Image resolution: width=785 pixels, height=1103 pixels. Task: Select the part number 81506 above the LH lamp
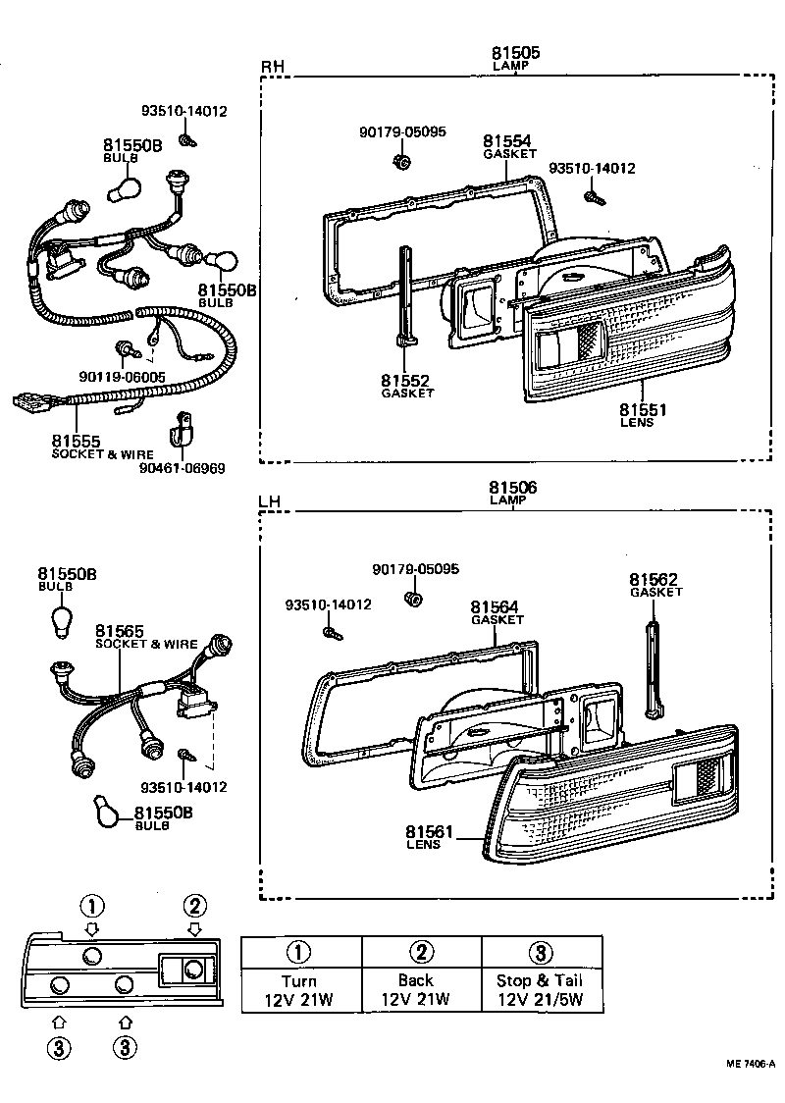click(x=513, y=487)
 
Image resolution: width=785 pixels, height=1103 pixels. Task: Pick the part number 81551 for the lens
click(x=642, y=409)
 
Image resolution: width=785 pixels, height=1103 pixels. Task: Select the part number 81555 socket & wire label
click(x=77, y=443)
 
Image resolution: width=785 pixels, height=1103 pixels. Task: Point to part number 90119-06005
click(x=123, y=376)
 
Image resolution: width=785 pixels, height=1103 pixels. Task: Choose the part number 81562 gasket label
click(x=654, y=580)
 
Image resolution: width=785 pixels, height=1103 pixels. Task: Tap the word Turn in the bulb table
click(x=299, y=980)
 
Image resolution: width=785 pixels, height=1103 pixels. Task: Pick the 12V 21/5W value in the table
click(x=541, y=999)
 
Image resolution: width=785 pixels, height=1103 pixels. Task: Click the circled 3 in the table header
click(x=541, y=952)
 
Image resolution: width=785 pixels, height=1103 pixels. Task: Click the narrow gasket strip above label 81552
click(x=404, y=294)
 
